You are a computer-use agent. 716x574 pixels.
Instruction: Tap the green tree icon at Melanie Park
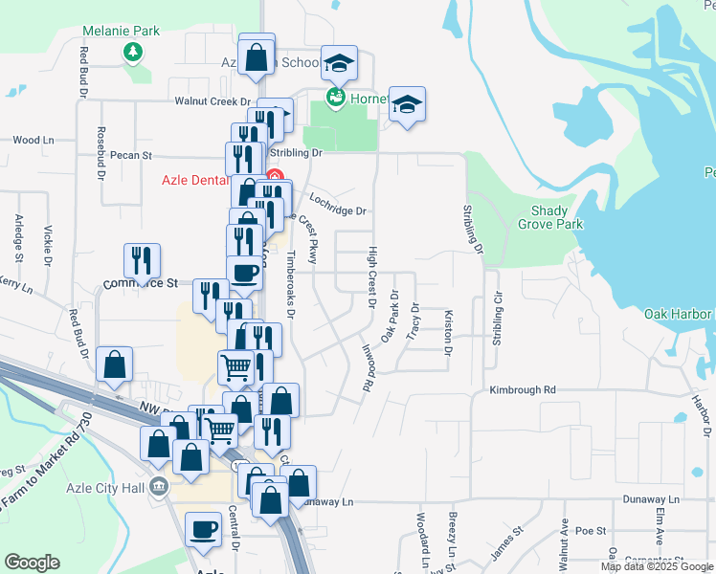[135, 52]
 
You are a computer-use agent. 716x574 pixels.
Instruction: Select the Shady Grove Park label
[556, 217]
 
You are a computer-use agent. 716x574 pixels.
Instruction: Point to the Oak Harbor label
[678, 314]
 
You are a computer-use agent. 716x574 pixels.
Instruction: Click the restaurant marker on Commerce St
[142, 262]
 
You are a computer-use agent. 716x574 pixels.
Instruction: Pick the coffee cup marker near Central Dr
[203, 530]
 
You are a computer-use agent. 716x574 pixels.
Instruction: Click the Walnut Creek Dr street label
[212, 101]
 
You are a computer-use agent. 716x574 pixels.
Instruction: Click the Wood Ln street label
[33, 140]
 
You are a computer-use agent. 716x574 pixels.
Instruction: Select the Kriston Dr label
[447, 331]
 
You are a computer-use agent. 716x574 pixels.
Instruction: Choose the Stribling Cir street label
[497, 325]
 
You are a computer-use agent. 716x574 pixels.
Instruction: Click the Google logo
[33, 563]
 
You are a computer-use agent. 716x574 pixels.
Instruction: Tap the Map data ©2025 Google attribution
[656, 566]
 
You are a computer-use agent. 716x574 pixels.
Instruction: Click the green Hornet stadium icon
[334, 97]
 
